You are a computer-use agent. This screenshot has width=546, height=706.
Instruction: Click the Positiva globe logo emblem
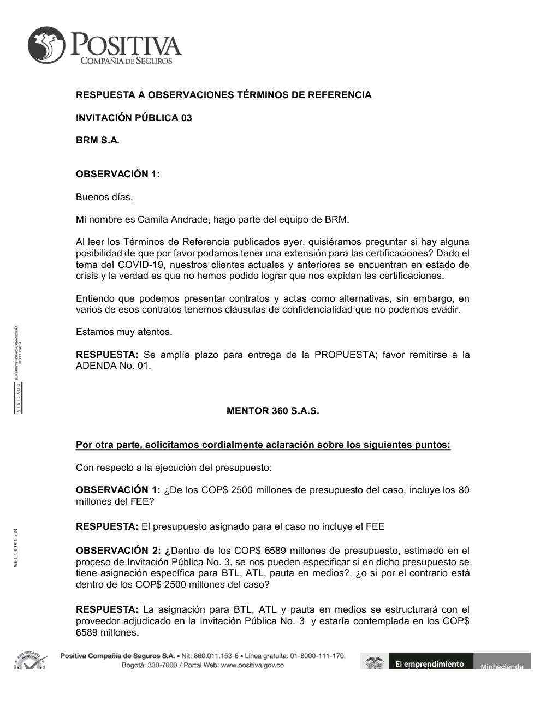pyautogui.click(x=47, y=45)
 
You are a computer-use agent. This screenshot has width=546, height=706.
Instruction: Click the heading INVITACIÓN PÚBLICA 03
pyautogui.click(x=134, y=118)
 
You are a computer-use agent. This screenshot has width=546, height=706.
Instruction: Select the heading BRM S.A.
pyautogui.click(x=97, y=140)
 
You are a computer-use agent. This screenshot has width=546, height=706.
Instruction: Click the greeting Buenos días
pyautogui.click(x=104, y=197)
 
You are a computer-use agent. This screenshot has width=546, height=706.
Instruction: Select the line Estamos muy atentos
pyautogui.click(x=124, y=332)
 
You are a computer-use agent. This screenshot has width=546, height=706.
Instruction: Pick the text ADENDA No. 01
pyautogui.click(x=113, y=366)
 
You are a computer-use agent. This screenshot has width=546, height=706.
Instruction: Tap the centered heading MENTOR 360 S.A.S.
pyautogui.click(x=272, y=411)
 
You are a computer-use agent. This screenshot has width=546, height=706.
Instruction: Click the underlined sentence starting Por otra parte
pyautogui.click(x=263, y=445)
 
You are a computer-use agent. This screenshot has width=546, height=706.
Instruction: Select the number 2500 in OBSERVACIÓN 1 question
pyautogui.click(x=242, y=490)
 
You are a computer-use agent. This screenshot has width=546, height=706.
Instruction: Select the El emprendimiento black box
pyautogui.click(x=430, y=663)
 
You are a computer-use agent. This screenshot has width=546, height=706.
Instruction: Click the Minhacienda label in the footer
pyautogui.click(x=501, y=666)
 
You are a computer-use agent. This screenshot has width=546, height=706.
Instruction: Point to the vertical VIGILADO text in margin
pyautogui.click(x=17, y=399)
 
